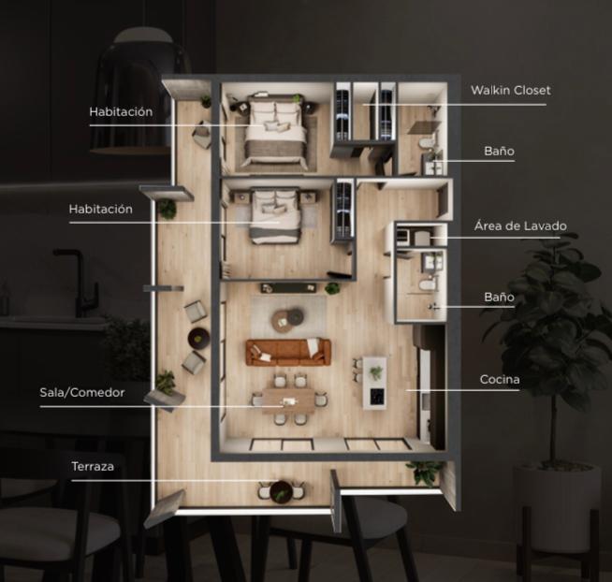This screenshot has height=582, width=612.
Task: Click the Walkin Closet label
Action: tap(511, 90)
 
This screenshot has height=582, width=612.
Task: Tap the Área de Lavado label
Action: tap(520, 226)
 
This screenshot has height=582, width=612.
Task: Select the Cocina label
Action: tap(500, 379)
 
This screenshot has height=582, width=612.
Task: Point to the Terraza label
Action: tap(93, 466)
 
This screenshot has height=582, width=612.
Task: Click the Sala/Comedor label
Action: tap(82, 392)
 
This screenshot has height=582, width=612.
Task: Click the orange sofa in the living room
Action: tap(288, 352)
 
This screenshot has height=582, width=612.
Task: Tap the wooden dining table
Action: tap(288, 400)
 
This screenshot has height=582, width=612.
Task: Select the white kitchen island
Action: tap(374, 383)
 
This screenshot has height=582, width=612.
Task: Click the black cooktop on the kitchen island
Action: tap(376, 397)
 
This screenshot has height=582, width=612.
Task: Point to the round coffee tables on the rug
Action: tap(288, 320)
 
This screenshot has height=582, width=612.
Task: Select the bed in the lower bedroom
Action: tap(275, 216)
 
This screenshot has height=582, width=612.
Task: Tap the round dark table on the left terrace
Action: tap(198, 338)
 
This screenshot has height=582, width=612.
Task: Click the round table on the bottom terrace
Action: tap(281, 491)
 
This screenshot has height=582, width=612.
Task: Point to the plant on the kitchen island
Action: tap(376, 372)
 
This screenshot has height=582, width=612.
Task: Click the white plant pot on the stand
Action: tap(557, 506)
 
